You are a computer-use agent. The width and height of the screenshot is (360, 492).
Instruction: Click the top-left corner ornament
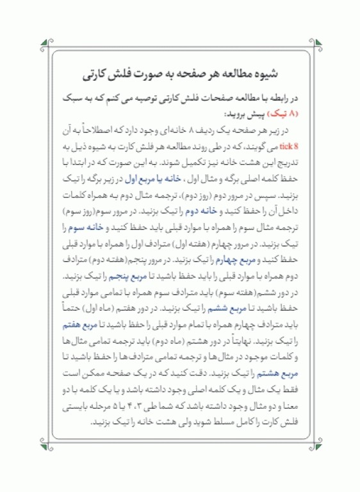click(43, 44)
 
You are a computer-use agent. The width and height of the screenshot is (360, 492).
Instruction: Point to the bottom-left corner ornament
click(43, 447)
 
